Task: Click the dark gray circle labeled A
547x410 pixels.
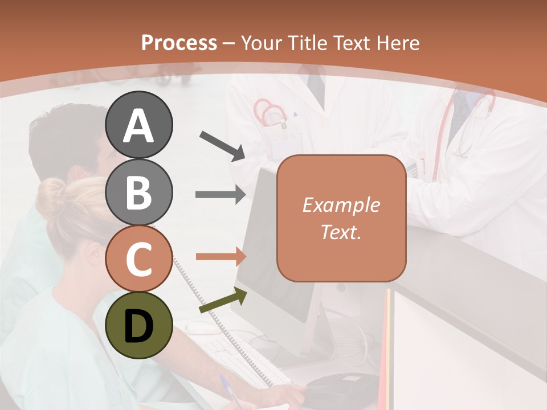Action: pos(139,125)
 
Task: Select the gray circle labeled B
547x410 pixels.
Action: pos(139,192)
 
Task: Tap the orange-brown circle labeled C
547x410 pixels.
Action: pos(139,259)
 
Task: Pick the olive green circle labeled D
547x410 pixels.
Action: pos(139,326)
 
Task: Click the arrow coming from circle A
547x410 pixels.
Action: pos(222,145)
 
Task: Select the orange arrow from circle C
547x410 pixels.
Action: pos(221,257)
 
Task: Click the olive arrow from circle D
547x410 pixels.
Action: pos(223,301)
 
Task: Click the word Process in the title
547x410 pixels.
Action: pos(179,43)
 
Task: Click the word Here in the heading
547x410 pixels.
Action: pos(398,43)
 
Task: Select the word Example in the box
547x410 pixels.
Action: pos(341,205)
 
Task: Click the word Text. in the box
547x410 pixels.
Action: pos(341,232)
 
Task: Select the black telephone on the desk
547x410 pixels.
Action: pos(342,385)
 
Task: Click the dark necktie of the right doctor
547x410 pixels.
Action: pos(456,120)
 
